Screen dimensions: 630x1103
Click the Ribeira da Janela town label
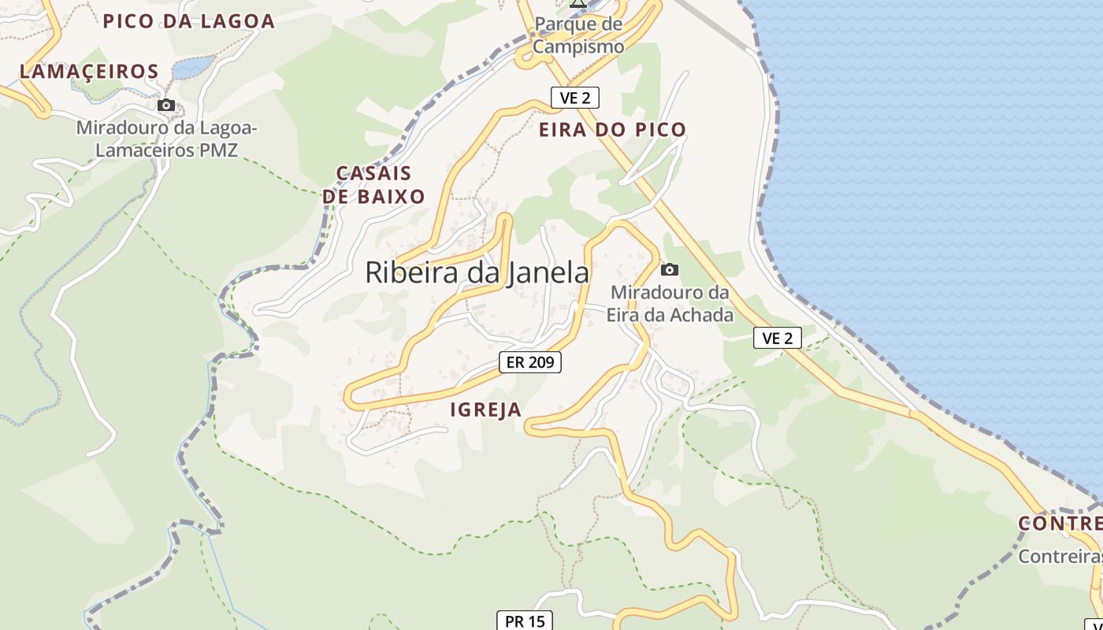477,272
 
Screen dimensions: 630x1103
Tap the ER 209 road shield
530,362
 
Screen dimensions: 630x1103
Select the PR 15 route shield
525,621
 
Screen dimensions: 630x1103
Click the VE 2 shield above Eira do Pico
575,98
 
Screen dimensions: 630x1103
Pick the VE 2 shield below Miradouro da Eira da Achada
777,339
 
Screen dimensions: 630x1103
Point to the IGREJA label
486,409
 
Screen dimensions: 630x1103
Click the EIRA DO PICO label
612,130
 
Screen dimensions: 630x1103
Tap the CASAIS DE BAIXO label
374,185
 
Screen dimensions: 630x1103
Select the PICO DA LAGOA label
189,21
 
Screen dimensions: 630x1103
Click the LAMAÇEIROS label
89,72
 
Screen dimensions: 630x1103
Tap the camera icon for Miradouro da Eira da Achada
670,270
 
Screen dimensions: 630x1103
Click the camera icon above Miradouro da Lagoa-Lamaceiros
165,106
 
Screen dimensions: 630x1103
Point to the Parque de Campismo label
579,35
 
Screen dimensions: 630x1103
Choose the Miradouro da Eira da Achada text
670,304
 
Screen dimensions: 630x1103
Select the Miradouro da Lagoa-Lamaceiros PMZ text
166,139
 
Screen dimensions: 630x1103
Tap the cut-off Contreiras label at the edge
1061,556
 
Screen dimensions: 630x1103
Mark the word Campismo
579,46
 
